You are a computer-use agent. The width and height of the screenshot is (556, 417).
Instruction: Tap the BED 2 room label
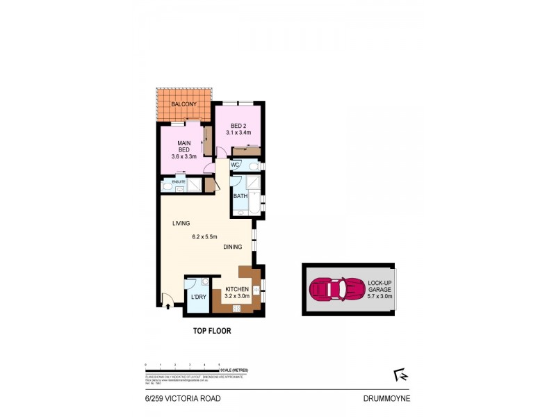[238, 126]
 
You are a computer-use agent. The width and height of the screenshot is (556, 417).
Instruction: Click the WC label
[235, 165]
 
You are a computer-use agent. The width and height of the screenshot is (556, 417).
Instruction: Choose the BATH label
[240, 196]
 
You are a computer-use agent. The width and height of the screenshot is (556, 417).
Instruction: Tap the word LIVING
[181, 223]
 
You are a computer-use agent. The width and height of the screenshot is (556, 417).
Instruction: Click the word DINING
[233, 247]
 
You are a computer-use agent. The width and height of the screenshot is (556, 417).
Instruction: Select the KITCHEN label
[237, 289]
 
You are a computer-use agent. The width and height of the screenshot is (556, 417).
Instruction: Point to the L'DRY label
[197, 298]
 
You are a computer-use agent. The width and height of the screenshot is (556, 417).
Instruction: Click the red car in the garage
[336, 288]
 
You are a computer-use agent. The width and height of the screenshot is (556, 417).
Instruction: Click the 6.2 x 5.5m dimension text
[206, 236]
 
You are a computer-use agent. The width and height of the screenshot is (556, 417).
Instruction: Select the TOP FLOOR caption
[211, 332]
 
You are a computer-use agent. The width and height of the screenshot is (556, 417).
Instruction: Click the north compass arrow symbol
[400, 375]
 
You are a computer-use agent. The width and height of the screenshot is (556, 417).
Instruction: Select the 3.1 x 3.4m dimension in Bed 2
[238, 133]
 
